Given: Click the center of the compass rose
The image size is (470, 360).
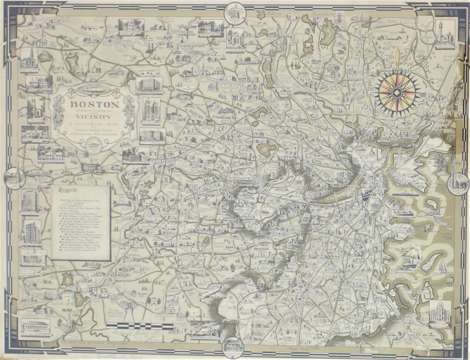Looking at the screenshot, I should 397,93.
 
